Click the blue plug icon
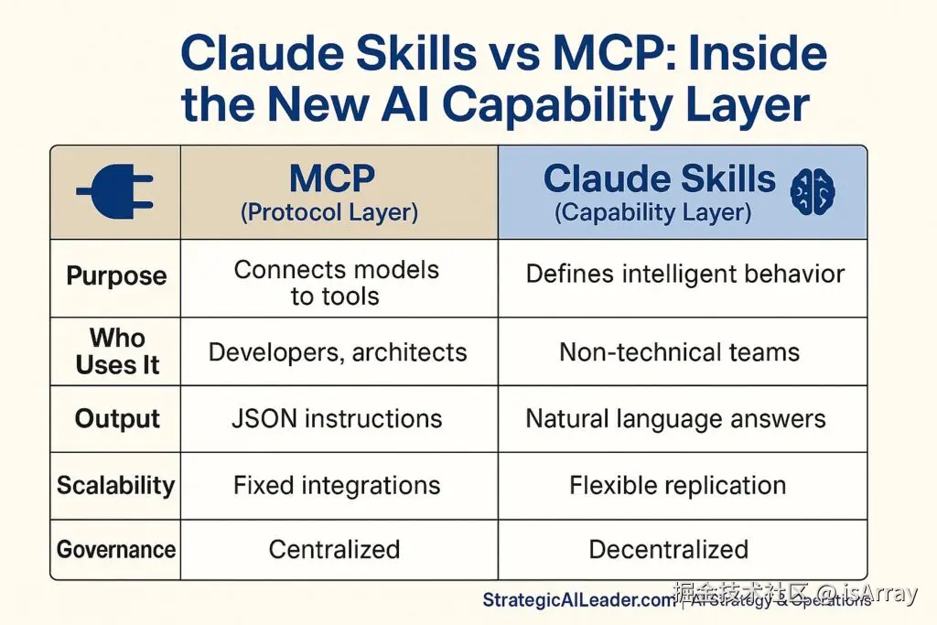click(x=115, y=191)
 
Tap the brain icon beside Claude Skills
click(x=813, y=192)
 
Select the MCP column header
click(x=330, y=179)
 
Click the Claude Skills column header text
click(x=659, y=179)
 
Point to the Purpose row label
click(x=116, y=276)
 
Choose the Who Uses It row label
click(x=117, y=351)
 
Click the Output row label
click(x=117, y=419)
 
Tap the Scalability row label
click(x=115, y=485)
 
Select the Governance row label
click(x=115, y=550)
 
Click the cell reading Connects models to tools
click(x=336, y=283)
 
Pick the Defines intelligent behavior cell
click(x=684, y=274)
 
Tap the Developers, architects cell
click(x=338, y=352)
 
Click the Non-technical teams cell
click(x=679, y=352)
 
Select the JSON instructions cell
click(x=337, y=419)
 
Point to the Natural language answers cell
click(x=675, y=419)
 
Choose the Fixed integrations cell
click(x=337, y=485)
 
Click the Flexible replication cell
click(x=677, y=485)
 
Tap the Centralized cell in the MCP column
click(x=334, y=550)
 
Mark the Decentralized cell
click(x=668, y=550)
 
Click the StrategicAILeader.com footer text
click(x=576, y=600)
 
